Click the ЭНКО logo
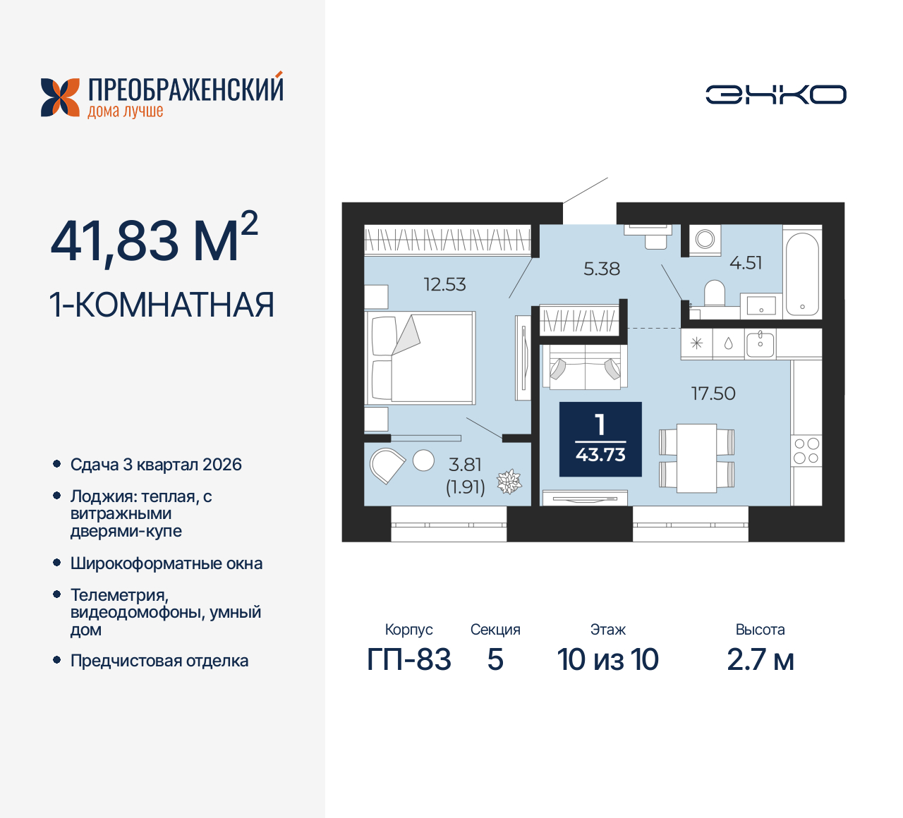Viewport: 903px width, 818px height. [776, 94]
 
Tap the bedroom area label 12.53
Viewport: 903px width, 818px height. [444, 284]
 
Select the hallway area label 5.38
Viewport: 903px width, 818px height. [602, 269]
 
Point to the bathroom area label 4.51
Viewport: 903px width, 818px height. [746, 263]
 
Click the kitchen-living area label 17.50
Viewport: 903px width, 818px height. [713, 393]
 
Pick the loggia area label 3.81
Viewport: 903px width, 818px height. [465, 465]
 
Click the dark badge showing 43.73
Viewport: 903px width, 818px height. [600, 439]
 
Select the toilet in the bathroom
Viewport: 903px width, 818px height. [715, 293]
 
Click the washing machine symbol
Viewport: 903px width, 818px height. [705, 239]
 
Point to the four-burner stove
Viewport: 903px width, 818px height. [806, 451]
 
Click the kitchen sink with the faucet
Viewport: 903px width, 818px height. [760, 344]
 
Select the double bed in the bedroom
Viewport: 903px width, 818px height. [422, 359]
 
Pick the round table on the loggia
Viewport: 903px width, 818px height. [423, 460]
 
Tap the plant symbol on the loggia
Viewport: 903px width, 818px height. [509, 482]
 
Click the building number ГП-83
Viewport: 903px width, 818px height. [409, 660]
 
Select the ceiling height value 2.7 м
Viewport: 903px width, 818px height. [760, 660]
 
